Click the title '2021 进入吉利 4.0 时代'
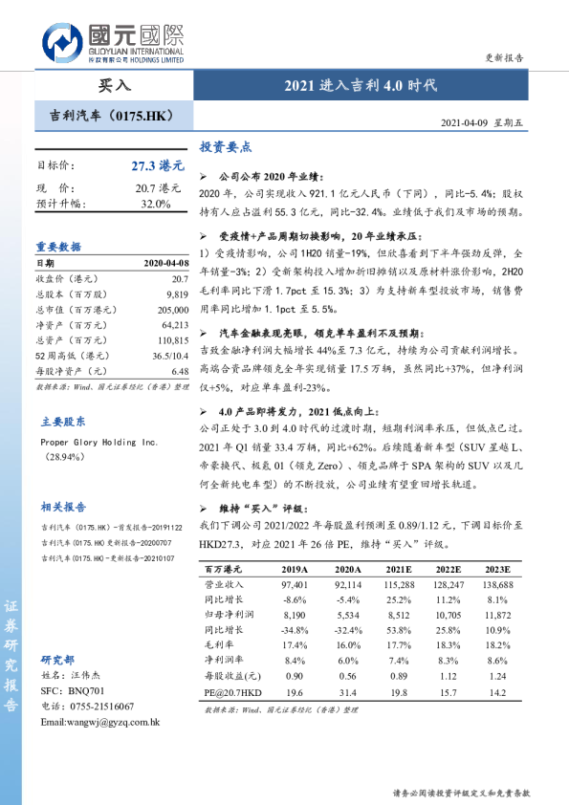[x=361, y=85]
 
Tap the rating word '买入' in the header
[x=115, y=85]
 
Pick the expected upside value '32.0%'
[x=155, y=204]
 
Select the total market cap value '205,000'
[x=170, y=310]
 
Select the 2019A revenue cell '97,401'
[x=295, y=583]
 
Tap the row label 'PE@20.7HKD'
[x=231, y=692]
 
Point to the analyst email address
[x=99, y=721]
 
